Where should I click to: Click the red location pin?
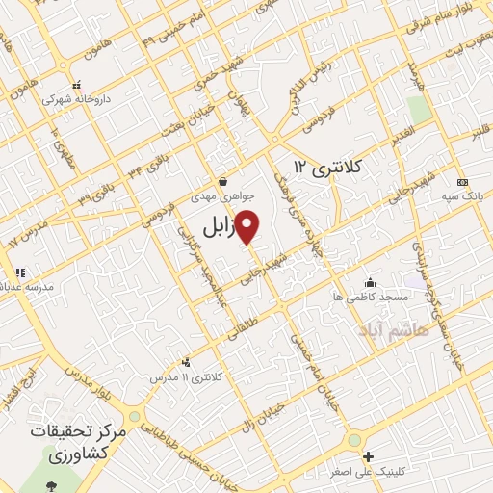[x=247, y=226]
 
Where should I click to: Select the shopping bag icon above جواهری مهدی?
[x=222, y=180]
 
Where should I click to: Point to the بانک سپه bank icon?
[x=462, y=181]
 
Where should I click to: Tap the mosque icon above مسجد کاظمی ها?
[x=370, y=282]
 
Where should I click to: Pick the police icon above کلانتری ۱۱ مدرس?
[x=186, y=363]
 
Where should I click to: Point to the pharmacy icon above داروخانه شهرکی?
[x=78, y=84]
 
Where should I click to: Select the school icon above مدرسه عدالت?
[x=21, y=272]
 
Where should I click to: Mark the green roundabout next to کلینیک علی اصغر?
[x=354, y=439]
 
